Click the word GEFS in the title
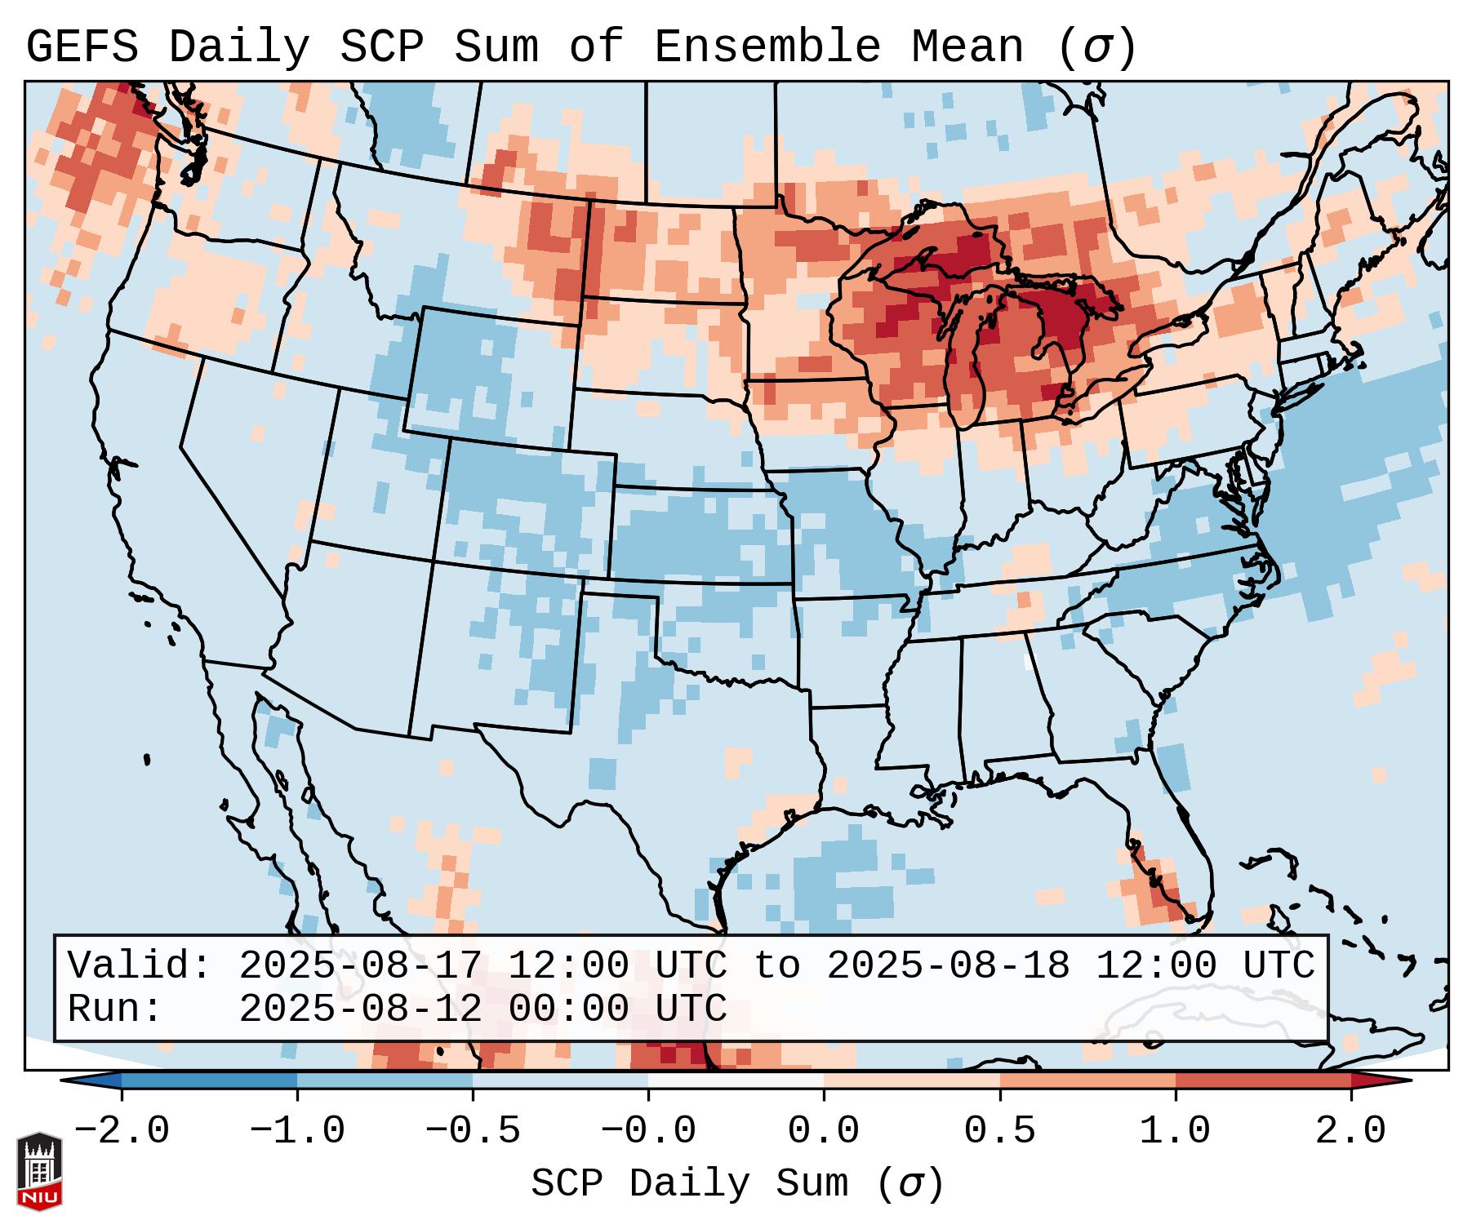click(x=82, y=47)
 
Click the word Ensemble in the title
click(x=767, y=47)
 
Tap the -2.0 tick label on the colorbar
click(x=122, y=1131)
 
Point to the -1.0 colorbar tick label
click(x=297, y=1131)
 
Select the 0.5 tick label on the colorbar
click(x=999, y=1131)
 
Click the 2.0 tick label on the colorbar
click(x=1350, y=1131)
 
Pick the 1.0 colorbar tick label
click(x=1175, y=1131)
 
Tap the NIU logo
click(x=39, y=1171)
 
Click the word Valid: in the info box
click(x=139, y=965)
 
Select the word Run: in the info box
click(x=114, y=1009)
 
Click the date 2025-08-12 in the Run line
click(x=360, y=1009)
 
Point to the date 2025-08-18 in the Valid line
click(x=948, y=965)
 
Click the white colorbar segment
click(x=736, y=1080)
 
